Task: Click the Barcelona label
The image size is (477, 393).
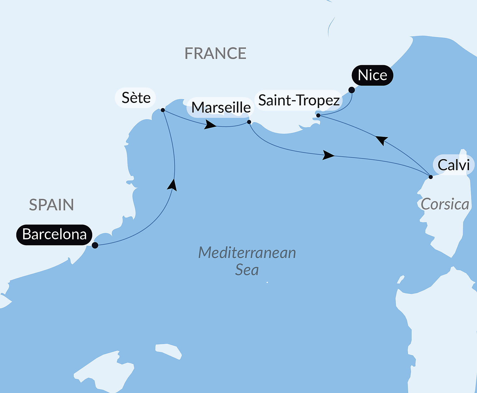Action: click(x=54, y=235)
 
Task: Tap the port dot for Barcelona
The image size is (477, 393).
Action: click(x=95, y=245)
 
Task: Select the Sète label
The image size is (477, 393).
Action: click(x=136, y=98)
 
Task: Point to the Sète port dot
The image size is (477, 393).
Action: click(x=163, y=110)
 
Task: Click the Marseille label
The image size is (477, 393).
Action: click(x=221, y=107)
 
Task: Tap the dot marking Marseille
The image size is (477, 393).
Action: click(x=249, y=122)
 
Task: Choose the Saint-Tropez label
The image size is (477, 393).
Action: click(x=299, y=100)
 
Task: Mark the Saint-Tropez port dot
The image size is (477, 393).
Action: click(x=318, y=116)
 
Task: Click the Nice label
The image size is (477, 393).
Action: click(x=372, y=75)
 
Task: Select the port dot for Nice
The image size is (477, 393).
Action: click(x=352, y=90)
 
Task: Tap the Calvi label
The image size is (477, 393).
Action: click(x=454, y=165)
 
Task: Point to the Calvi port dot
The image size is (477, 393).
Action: click(x=430, y=177)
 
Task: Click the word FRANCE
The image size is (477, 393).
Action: click(x=215, y=54)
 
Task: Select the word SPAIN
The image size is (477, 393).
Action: click(x=51, y=205)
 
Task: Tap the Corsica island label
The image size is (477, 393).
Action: click(x=445, y=204)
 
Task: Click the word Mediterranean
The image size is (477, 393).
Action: click(x=247, y=253)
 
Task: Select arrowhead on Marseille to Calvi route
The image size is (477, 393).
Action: click(x=328, y=155)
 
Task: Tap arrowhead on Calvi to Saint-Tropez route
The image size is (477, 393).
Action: click(x=382, y=140)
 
